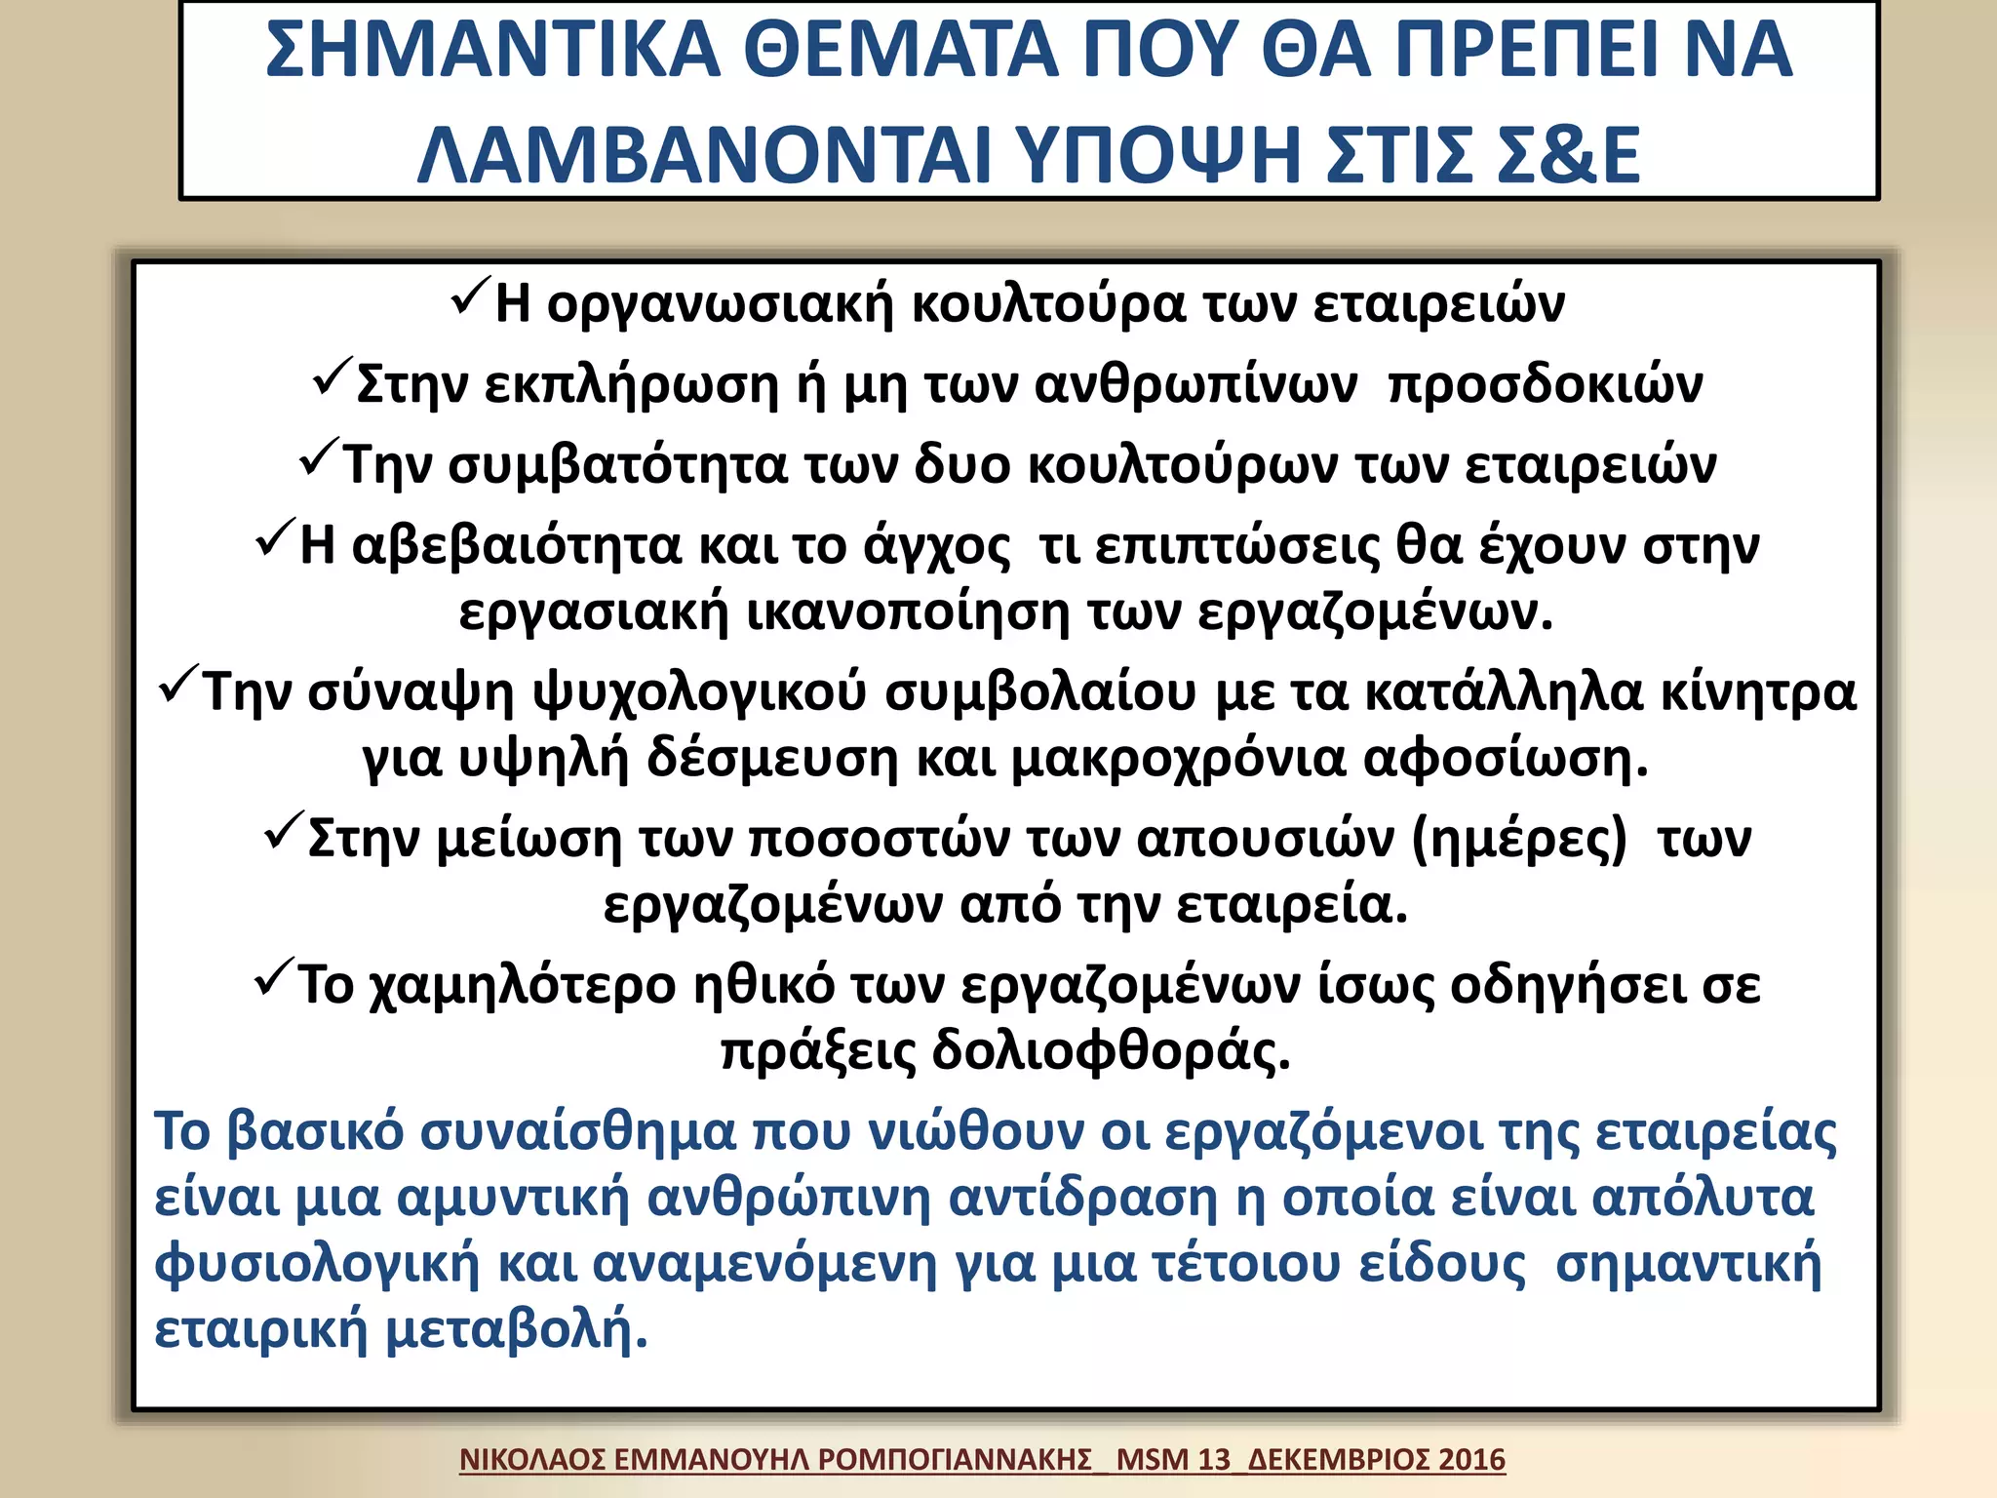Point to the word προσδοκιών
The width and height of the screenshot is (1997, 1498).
[x=1546, y=385]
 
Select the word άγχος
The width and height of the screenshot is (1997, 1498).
[x=937, y=547]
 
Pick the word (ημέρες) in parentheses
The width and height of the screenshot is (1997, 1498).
[x=1519, y=840]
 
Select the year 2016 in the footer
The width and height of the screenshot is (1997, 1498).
[x=1471, y=1460]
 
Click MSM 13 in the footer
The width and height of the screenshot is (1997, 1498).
[x=1173, y=1460]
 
